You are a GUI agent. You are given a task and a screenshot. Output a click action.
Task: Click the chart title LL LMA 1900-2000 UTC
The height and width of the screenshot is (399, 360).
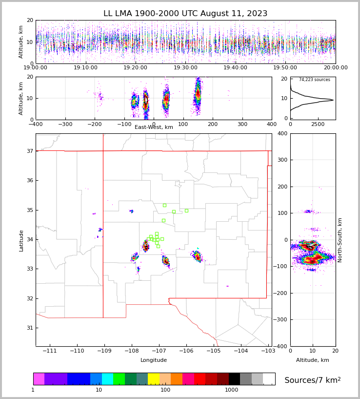[x=185, y=14]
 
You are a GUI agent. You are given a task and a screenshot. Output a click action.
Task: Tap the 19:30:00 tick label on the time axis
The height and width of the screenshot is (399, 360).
[x=185, y=68]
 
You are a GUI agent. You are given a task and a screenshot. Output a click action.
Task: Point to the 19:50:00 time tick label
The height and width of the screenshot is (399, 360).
[x=285, y=68]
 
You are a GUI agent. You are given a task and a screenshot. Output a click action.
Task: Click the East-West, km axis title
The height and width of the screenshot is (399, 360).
[x=154, y=127]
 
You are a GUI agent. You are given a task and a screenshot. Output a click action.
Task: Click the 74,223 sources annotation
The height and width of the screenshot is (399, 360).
[x=314, y=80]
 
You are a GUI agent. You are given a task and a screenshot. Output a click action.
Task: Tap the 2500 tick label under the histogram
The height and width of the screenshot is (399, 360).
[x=319, y=124]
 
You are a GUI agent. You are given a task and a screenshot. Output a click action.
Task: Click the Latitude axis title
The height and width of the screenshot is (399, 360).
[x=21, y=240]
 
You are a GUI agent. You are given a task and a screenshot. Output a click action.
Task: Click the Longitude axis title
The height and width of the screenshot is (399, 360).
[x=154, y=360]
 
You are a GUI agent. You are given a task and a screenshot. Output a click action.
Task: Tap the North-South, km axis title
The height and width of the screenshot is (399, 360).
[x=340, y=240]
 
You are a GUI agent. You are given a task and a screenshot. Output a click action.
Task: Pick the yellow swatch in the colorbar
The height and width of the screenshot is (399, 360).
[x=153, y=379]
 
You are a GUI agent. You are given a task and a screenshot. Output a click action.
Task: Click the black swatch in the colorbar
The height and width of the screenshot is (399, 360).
[x=234, y=379]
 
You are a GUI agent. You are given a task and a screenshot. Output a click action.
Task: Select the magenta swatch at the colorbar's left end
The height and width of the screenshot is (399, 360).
[x=39, y=379]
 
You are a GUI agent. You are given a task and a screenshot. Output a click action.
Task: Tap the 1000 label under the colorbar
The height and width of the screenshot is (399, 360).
[x=232, y=390]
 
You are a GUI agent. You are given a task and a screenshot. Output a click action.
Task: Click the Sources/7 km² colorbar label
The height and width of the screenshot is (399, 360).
[x=312, y=380]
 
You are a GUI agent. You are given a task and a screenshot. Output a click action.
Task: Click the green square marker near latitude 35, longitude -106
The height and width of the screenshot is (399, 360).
[x=186, y=210]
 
